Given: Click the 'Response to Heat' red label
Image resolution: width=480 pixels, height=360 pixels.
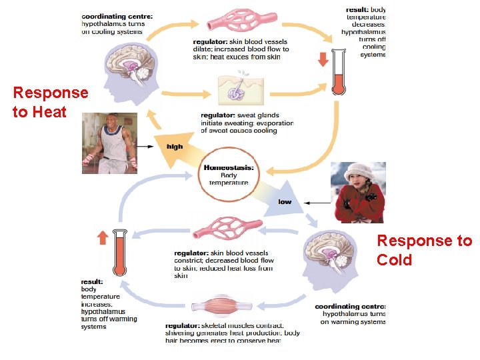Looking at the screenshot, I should (50, 102).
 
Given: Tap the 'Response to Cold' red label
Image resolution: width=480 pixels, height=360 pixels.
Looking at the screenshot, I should (424, 249).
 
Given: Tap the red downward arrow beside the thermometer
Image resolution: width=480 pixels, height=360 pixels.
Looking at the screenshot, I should (323, 59).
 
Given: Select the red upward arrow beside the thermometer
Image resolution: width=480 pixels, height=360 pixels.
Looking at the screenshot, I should (102, 237).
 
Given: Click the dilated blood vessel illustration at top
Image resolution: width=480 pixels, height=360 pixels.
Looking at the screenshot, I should (242, 20).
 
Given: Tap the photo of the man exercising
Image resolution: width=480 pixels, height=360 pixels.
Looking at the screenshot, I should (109, 143).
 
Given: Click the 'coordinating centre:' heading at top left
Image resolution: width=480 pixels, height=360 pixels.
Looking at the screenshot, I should (117, 15).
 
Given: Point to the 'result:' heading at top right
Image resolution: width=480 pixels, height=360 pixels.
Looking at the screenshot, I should (359, 10).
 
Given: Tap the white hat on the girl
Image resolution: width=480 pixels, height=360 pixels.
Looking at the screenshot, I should (360, 171).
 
